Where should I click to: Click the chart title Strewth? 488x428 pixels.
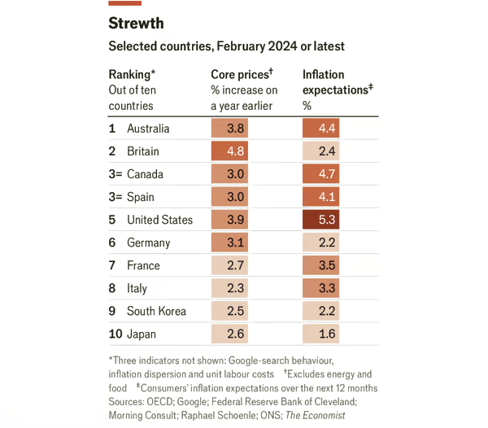point(136,24)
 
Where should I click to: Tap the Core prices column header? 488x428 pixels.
point(242,75)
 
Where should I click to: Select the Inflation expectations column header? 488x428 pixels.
point(335,82)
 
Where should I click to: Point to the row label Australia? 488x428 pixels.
point(148,129)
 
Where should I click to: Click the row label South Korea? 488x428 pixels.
point(156,311)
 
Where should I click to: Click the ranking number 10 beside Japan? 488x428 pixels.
point(115,334)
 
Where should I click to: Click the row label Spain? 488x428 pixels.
point(141,197)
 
